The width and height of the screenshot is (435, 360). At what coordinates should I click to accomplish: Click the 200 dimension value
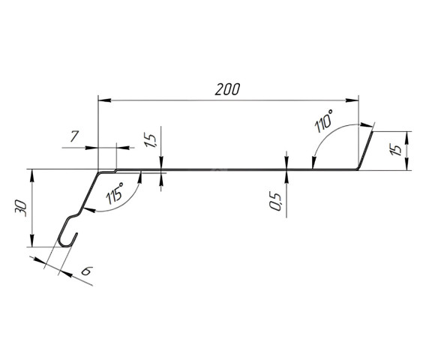[x=226, y=89]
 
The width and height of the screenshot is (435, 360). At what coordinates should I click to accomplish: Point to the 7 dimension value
[x=74, y=137]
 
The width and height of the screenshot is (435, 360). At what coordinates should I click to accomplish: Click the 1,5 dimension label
[x=150, y=142]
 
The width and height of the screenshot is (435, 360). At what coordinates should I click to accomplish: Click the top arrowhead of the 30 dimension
[x=31, y=174]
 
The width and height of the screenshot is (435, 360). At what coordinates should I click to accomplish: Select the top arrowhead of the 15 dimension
[x=407, y=136]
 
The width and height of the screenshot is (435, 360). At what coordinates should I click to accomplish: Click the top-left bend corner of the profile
[x=99, y=171]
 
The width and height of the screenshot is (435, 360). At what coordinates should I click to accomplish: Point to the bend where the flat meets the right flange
[x=358, y=169]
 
